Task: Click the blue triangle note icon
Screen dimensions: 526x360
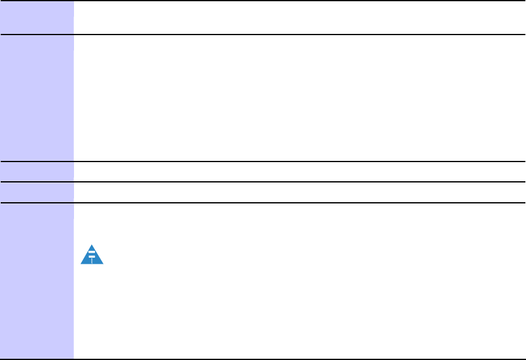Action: pos(92,255)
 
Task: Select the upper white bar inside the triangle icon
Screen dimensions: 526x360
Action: pos(92,252)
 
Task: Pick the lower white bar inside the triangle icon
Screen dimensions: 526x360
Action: pos(92,256)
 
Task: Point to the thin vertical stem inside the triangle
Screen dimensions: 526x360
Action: pos(92,260)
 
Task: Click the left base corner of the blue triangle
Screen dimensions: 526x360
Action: pos(82,264)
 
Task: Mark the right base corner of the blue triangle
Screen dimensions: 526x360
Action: pos(103,264)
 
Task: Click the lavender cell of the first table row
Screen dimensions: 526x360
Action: pos(36,17)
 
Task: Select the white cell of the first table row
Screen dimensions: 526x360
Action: pos(296,17)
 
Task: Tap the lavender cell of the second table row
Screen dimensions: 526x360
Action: pos(36,97)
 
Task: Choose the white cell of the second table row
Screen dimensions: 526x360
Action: pos(296,97)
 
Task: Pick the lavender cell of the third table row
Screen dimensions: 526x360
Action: pos(36,171)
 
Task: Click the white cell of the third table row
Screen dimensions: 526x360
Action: pos(296,171)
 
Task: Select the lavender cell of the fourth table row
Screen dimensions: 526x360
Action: pos(36,192)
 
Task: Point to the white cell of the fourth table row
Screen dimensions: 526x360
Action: pos(296,192)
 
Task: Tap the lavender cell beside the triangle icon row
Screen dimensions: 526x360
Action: pos(36,280)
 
